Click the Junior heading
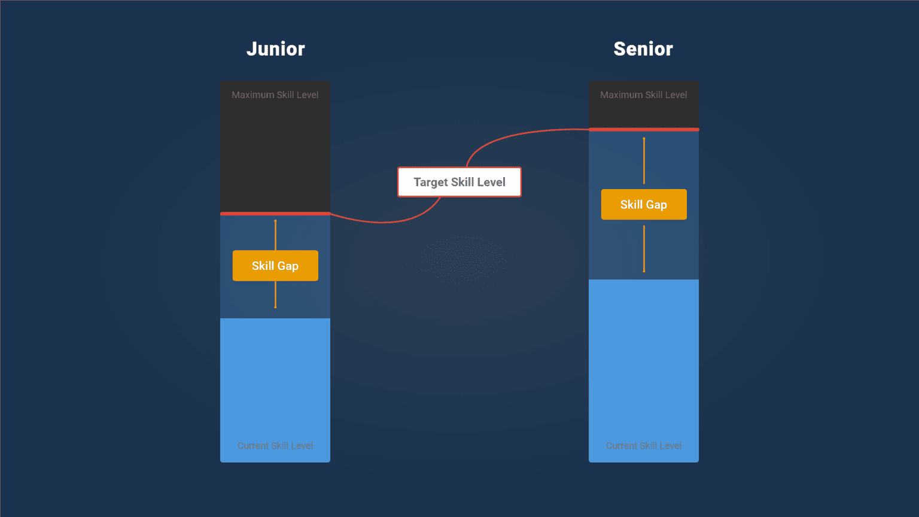[x=275, y=49]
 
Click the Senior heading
[x=643, y=49]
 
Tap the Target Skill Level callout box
[x=459, y=182]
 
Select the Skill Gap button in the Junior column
[x=275, y=266]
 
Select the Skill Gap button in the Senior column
[x=644, y=205]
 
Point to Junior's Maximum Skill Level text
[x=275, y=95]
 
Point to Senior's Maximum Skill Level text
[x=644, y=95]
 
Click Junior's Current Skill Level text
[x=275, y=446]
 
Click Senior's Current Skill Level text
[x=644, y=446]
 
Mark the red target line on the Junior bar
[x=275, y=214]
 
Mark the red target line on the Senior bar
[x=644, y=129]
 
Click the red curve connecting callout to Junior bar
[x=383, y=222]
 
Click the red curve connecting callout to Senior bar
[x=515, y=134]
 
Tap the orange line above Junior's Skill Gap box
[x=275, y=235]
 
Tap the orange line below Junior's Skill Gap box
[x=275, y=294]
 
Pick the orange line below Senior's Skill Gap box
[x=644, y=248]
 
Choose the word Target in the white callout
[x=430, y=183]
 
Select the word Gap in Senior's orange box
[x=656, y=205]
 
